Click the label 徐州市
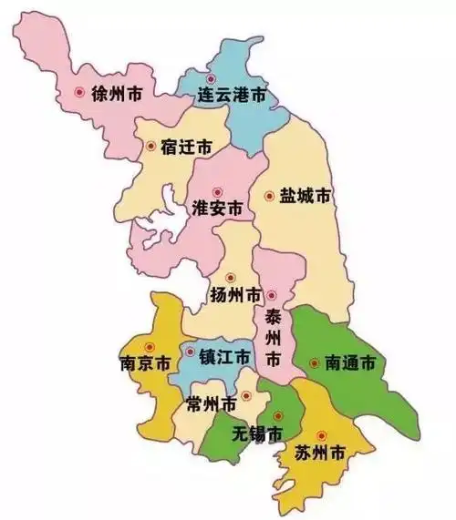coord(116,93)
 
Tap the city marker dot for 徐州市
coord(79,92)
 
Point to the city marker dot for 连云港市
coord(212,78)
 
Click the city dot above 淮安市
coord(217,191)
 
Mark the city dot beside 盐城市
coord(269,196)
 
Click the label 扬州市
coord(236,295)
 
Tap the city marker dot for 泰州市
coord(271,295)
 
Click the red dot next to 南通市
coord(315,363)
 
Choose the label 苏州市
coord(319,452)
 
